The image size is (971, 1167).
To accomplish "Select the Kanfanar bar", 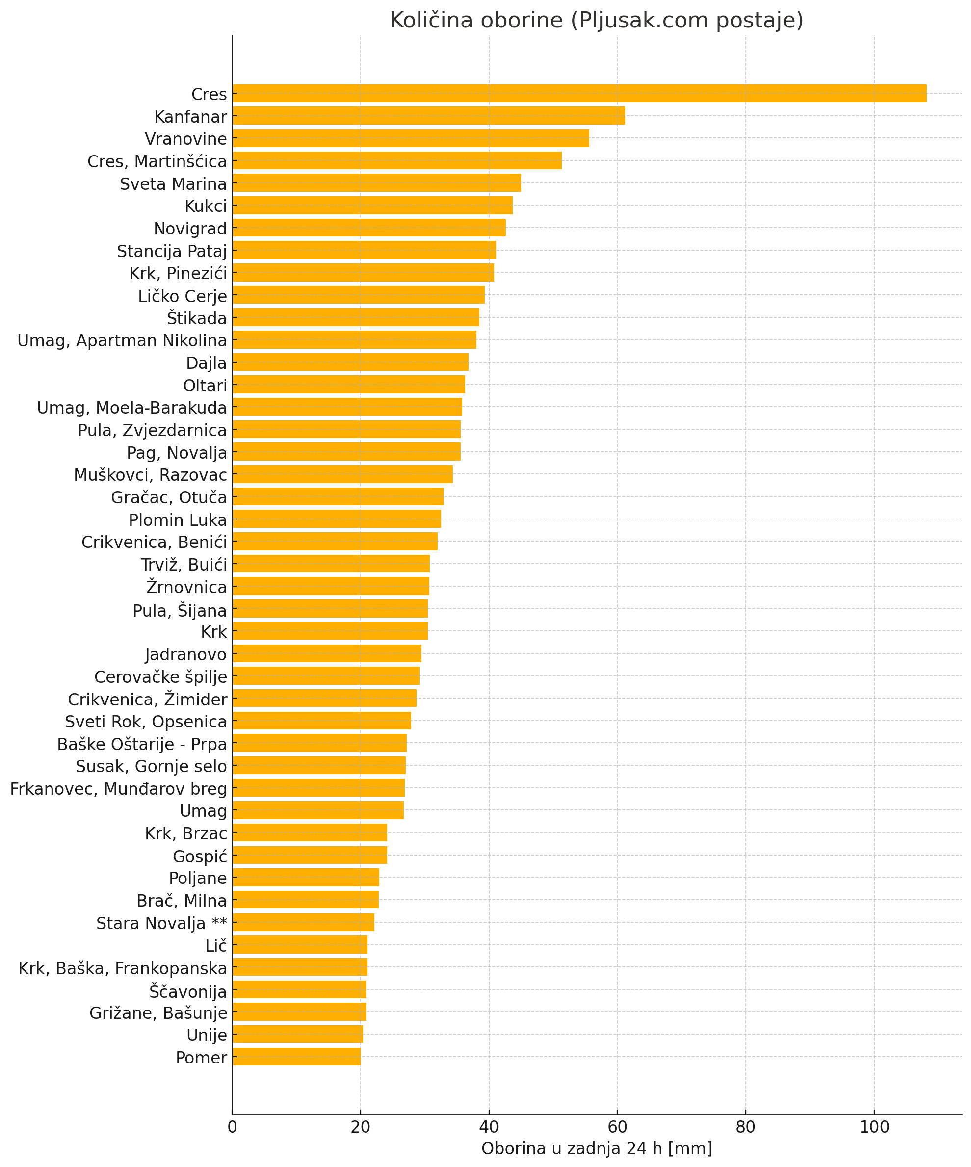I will [x=428, y=116].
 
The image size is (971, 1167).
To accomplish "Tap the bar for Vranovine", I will [x=411, y=138].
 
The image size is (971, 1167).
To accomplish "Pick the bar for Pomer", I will [x=297, y=1057].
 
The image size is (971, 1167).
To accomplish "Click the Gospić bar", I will [x=310, y=855].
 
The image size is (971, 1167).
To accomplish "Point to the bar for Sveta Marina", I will [x=377, y=183].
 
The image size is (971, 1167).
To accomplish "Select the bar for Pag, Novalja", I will [x=346, y=452].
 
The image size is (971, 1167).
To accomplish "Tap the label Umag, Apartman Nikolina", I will [x=122, y=340].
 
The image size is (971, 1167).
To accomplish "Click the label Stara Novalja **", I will [x=162, y=923].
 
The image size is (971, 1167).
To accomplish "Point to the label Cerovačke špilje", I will [x=160, y=677].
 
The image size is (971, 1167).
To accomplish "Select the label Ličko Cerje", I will [x=183, y=296].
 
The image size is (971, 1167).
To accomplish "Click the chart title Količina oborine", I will [x=596, y=21].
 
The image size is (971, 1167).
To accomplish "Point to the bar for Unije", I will [x=297, y=1034].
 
